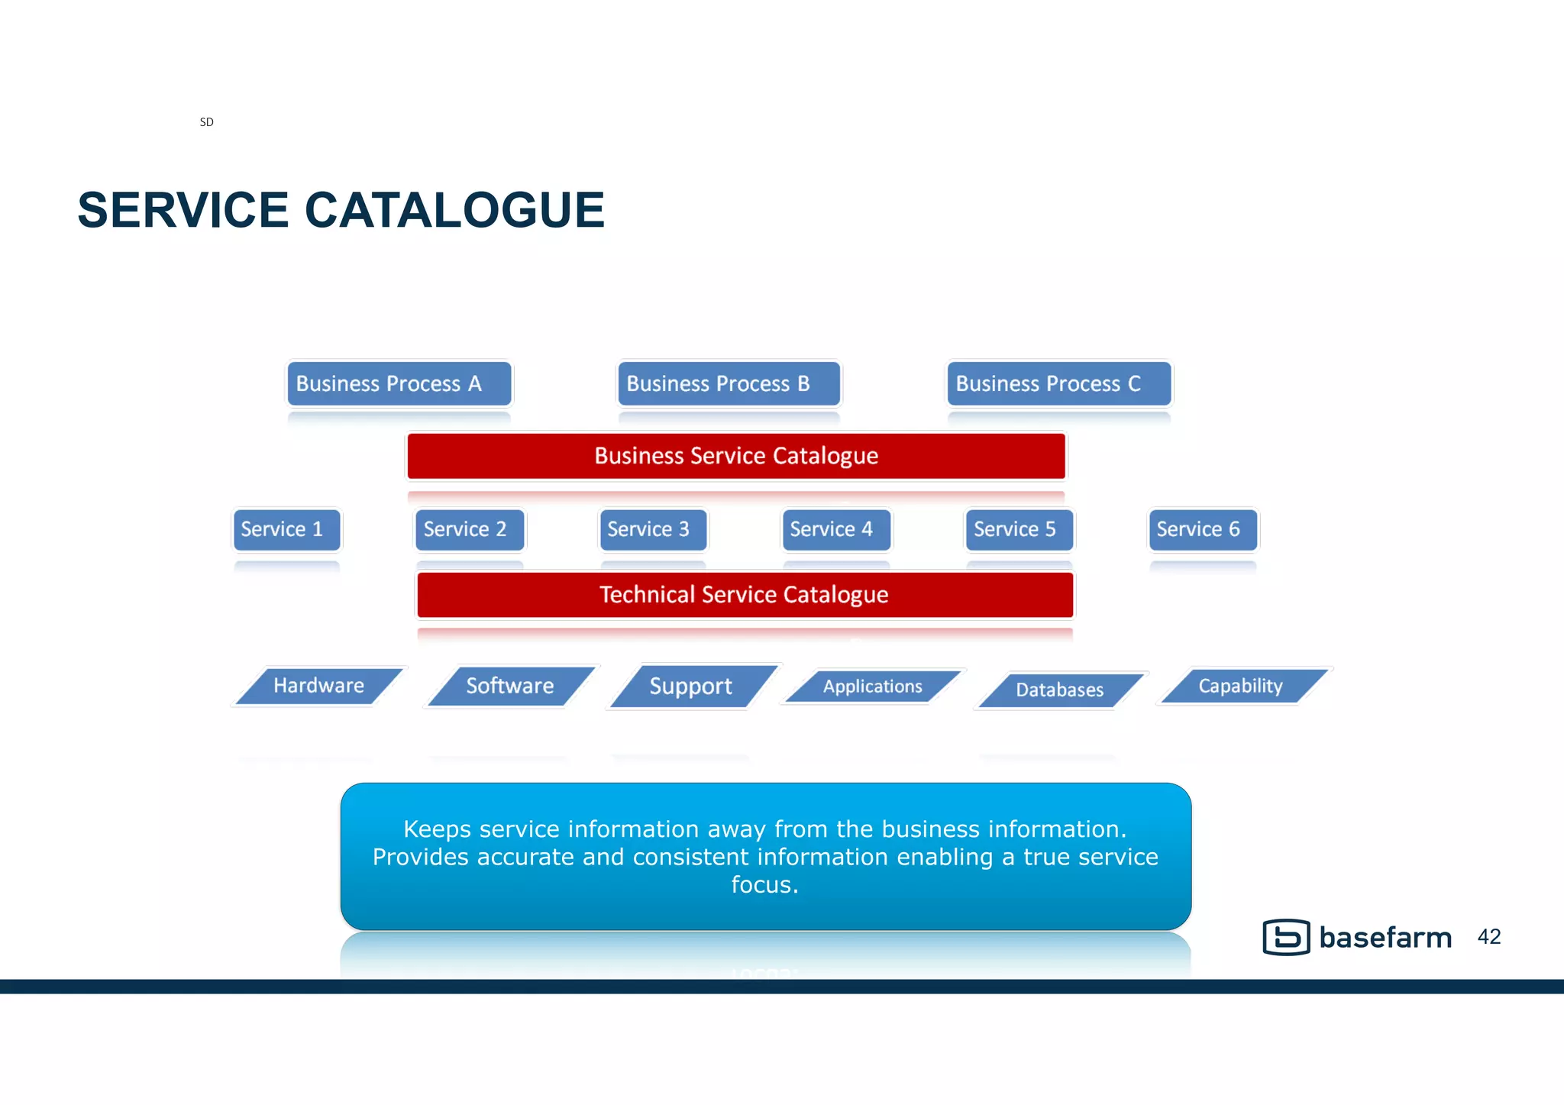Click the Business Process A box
[399, 383]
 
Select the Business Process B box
[729, 383]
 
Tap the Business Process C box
[1058, 383]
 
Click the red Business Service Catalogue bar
[736, 456]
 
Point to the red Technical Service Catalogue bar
[745, 595]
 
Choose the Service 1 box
[286, 529]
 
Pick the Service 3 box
[653, 529]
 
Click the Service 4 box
[836, 529]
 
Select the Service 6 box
[1203, 529]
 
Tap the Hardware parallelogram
[319, 686]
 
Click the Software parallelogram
[510, 686]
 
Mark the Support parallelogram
[692, 687]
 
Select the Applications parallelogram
[873, 687]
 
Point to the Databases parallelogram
[1060, 690]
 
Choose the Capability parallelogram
[1242, 686]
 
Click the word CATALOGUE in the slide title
[454, 211]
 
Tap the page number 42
[1489, 937]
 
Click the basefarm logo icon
[1286, 937]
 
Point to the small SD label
[206, 122]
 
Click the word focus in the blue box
[764, 885]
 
